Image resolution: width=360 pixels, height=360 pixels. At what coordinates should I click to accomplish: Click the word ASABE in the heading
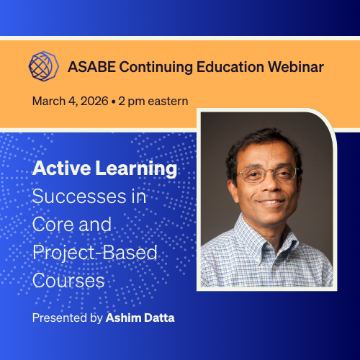click(x=91, y=67)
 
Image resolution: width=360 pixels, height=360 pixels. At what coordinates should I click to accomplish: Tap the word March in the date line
click(x=48, y=101)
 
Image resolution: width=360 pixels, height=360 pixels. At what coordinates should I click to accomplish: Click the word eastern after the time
click(x=168, y=101)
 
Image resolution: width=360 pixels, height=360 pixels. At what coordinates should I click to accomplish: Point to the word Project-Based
click(x=94, y=252)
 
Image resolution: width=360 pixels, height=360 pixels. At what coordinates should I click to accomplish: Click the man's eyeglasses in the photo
click(x=267, y=174)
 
